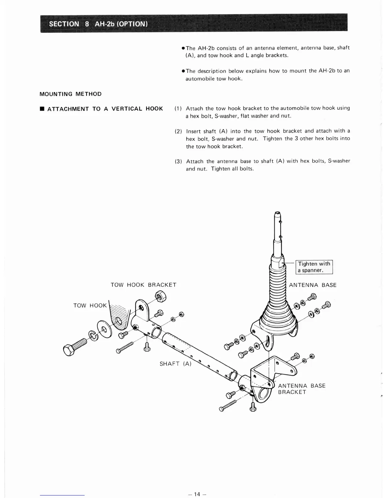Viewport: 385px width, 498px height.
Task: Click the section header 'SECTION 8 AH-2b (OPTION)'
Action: click(98, 24)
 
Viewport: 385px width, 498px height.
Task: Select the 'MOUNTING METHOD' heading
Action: click(70, 94)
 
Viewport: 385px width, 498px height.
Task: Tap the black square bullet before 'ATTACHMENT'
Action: click(42, 109)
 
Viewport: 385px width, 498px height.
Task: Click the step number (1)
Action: click(178, 108)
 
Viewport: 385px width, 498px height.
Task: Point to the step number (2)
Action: click(178, 131)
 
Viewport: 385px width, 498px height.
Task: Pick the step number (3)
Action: click(178, 161)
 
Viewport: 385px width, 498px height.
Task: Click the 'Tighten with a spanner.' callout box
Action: click(314, 267)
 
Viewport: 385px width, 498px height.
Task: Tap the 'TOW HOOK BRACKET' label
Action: click(143, 285)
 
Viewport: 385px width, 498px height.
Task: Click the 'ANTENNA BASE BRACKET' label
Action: click(301, 389)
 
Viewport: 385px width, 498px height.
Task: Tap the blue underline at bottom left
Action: click(62, 495)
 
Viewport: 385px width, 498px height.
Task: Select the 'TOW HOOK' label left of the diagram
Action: click(90, 306)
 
